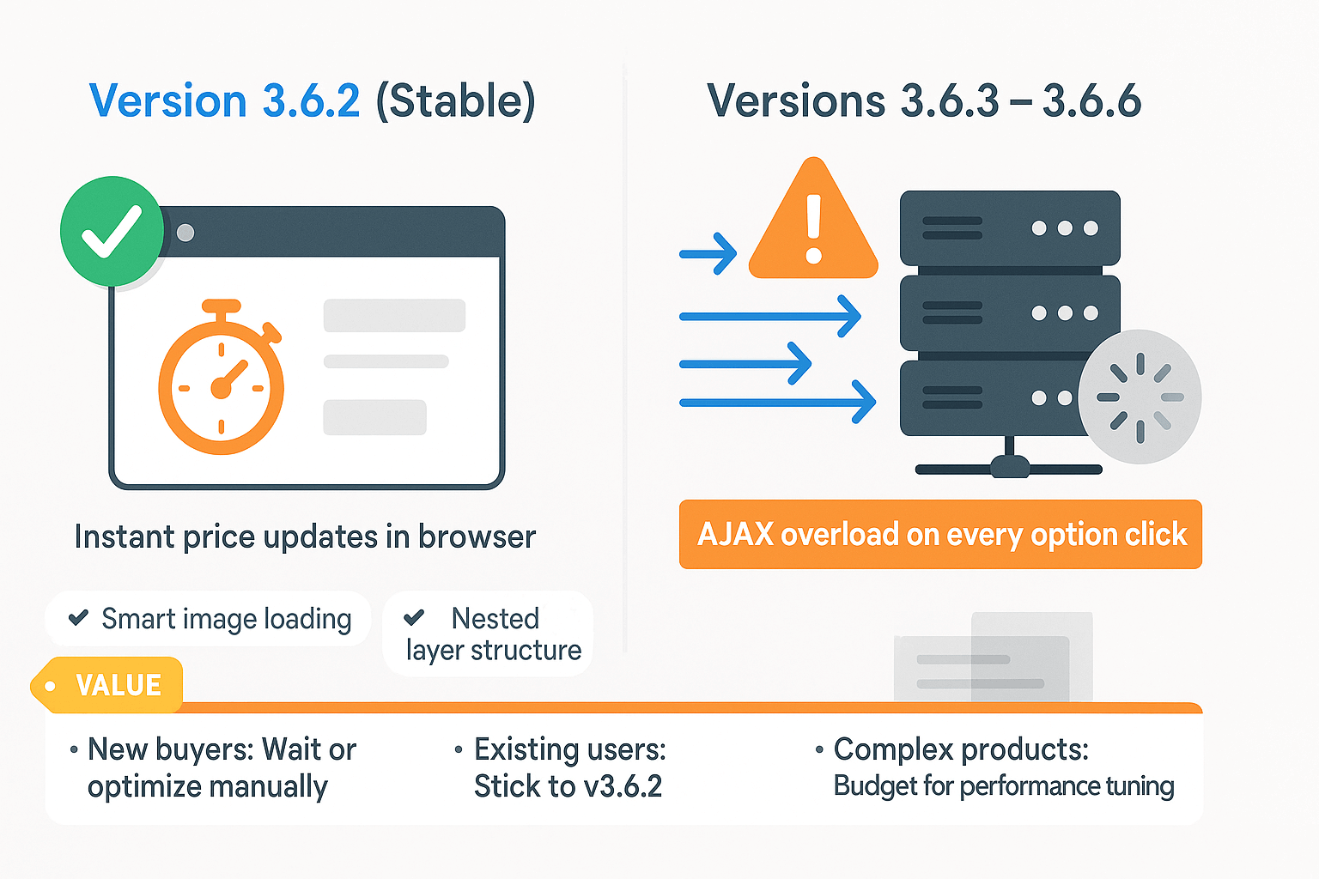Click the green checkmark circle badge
point(112,231)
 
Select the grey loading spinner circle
point(1140,397)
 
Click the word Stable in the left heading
point(456,101)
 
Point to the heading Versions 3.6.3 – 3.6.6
point(924,101)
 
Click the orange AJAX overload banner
point(940,534)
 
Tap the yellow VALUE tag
point(108,685)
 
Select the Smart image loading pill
point(209,618)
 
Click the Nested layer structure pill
point(488,633)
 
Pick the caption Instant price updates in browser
point(305,536)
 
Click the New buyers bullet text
point(222,767)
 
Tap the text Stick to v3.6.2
point(568,786)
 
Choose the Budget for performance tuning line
point(1003,786)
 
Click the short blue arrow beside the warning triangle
point(708,253)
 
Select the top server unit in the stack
point(1009,227)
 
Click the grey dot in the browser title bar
point(185,233)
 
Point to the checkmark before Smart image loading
point(78,617)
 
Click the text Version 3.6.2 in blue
point(225,101)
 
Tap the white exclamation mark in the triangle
point(814,228)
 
